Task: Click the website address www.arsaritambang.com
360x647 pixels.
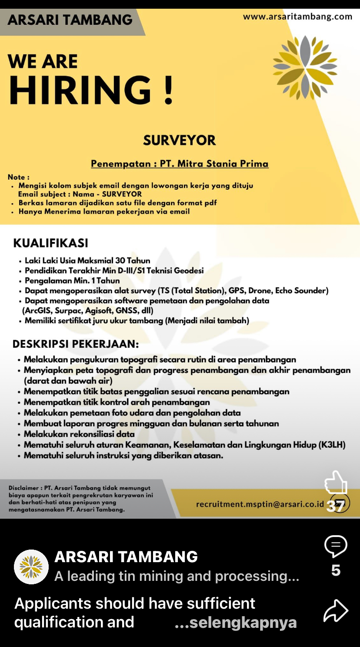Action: [x=297, y=17]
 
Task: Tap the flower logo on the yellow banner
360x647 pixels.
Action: [x=305, y=67]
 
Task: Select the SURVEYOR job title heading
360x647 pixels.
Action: [x=180, y=140]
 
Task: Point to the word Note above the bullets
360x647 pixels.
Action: [x=17, y=177]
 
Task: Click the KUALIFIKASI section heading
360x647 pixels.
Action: [x=50, y=243]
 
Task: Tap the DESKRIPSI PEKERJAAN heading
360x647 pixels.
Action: [x=76, y=344]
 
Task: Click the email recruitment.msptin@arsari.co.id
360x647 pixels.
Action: [x=260, y=504]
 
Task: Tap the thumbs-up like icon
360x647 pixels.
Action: [x=336, y=482]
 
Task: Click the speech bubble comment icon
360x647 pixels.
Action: [x=336, y=546]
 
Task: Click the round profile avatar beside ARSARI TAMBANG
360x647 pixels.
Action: [x=31, y=567]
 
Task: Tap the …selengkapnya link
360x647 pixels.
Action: [x=236, y=623]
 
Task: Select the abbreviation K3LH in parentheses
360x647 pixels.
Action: [x=332, y=445]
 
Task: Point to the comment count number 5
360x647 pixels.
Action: [x=336, y=570]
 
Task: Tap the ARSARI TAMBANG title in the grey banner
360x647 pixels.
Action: [x=70, y=20]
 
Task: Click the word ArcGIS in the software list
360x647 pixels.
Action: [x=37, y=311]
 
